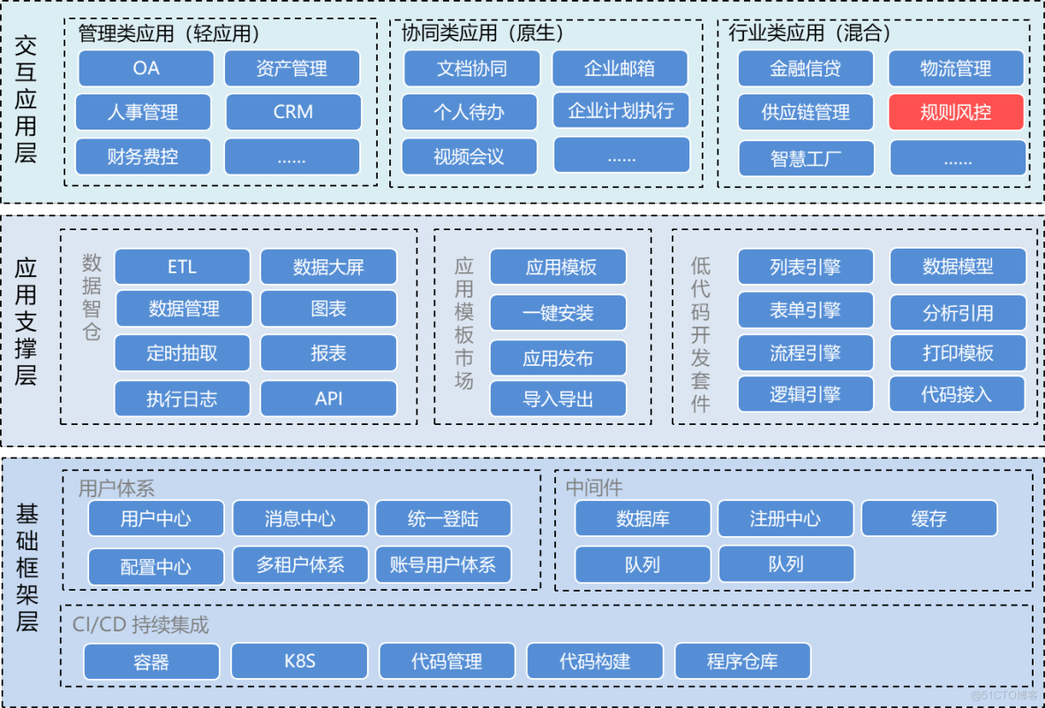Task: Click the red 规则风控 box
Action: [956, 113]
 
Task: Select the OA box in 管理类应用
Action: [147, 69]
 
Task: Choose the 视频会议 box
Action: [469, 157]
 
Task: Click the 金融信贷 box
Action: [805, 69]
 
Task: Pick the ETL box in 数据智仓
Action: [182, 266]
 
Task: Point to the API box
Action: [328, 399]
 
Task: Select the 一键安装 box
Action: [558, 312]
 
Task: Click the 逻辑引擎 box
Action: [805, 394]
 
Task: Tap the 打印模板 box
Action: [958, 354]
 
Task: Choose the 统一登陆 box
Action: [443, 518]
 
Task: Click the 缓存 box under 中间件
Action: [928, 518]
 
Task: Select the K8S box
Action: [299, 660]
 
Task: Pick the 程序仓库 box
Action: [742, 660]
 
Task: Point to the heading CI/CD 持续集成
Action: [140, 625]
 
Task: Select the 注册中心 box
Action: [785, 518]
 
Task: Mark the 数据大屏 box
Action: [328, 266]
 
